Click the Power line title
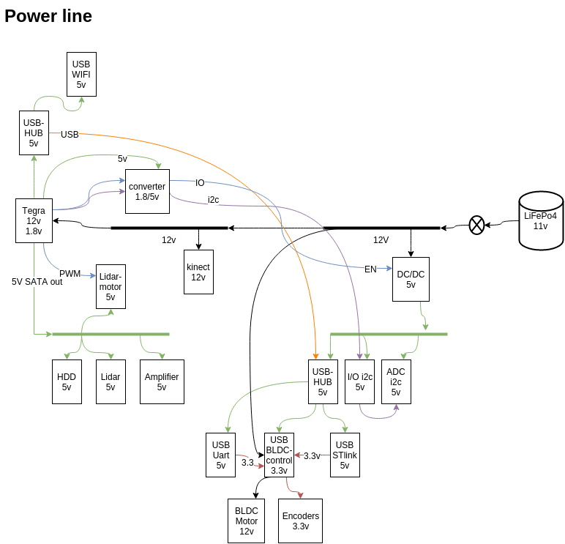(x=48, y=16)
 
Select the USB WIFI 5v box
(x=81, y=74)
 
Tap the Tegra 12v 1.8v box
(x=34, y=220)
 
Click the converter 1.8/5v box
(x=147, y=191)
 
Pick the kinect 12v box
(x=198, y=272)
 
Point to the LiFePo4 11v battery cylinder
(x=541, y=220)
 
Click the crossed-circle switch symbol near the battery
(x=476, y=225)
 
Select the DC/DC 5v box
(x=411, y=279)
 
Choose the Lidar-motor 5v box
(x=111, y=286)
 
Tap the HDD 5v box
(x=67, y=381)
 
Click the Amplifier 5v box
(x=162, y=381)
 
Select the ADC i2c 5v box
(x=396, y=381)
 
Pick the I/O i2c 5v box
(x=359, y=381)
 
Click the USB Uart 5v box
(x=220, y=455)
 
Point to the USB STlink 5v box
(x=345, y=455)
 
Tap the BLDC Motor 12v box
(x=247, y=521)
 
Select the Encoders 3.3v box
(x=300, y=521)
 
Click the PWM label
(x=70, y=274)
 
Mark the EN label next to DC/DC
(x=370, y=269)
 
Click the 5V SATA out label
(x=37, y=282)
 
